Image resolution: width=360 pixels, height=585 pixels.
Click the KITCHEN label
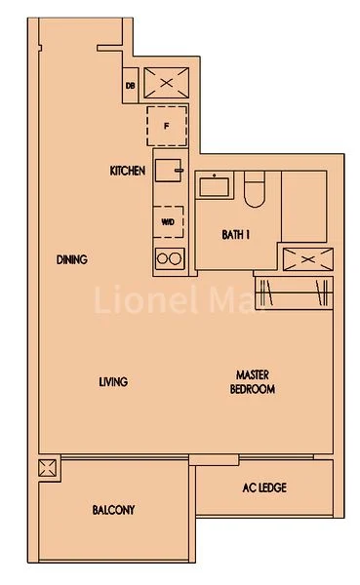coord(128,172)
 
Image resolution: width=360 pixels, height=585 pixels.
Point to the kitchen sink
coord(169,170)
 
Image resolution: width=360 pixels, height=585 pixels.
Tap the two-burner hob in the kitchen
coord(169,258)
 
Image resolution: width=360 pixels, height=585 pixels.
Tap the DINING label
coord(72,259)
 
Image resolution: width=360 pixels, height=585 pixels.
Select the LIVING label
coord(113,381)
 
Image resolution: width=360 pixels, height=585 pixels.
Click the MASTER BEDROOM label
coord(253,381)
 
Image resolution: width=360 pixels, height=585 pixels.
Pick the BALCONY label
coord(113,510)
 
